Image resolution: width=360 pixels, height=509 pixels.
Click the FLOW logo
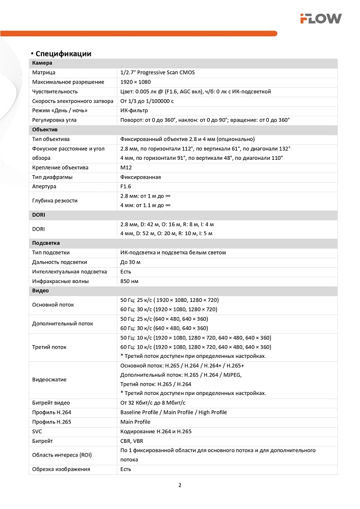(320, 19)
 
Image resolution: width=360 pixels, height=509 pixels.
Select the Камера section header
(42, 63)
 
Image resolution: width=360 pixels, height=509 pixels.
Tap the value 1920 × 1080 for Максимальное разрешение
(135, 82)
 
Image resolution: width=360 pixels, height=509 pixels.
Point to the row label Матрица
(44, 73)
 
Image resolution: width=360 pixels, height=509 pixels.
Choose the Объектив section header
(45, 130)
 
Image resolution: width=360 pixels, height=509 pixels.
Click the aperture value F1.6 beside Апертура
(126, 186)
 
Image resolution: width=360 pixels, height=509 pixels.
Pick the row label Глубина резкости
(55, 201)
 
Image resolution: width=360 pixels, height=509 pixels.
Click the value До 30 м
(130, 262)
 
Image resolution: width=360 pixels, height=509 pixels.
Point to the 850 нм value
(129, 281)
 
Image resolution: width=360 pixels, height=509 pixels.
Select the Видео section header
(41, 291)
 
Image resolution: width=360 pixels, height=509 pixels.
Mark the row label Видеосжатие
(49, 379)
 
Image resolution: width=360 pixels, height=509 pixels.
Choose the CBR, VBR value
(131, 441)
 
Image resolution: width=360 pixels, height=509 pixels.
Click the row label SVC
(38, 431)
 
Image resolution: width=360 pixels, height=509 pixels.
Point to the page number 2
(180, 485)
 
